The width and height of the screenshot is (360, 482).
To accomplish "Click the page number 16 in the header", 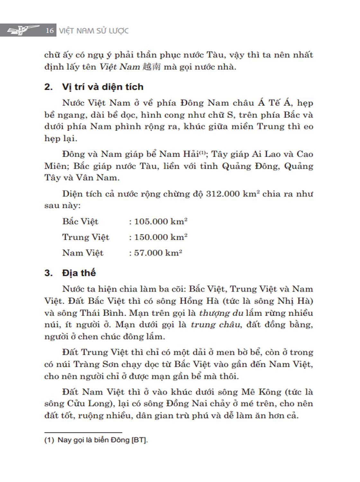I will click(50, 31).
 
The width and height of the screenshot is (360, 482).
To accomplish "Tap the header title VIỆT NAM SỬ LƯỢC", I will click(94, 31).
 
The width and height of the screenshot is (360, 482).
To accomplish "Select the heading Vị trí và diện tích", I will click(103, 87).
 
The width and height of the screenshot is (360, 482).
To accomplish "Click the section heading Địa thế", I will click(79, 273).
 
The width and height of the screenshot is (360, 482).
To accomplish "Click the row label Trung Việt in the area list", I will click(85, 237).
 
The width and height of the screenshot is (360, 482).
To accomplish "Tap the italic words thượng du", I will click(219, 313).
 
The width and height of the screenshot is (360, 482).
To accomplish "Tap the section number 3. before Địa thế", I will click(49, 273).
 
